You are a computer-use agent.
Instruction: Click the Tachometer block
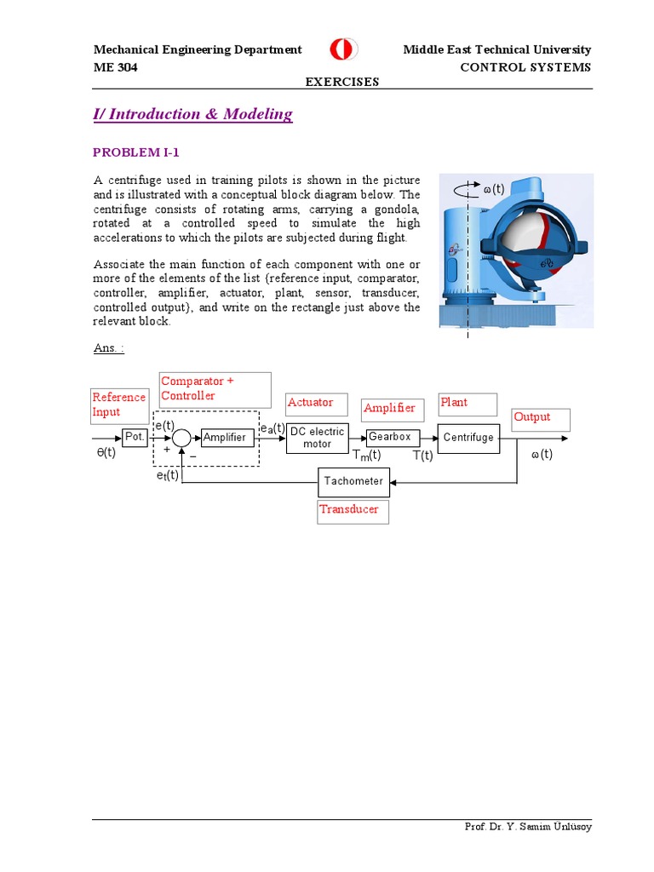point(353,482)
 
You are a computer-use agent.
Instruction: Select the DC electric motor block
point(318,438)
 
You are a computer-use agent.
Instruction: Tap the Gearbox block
point(392,437)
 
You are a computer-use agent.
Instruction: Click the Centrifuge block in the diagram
point(468,438)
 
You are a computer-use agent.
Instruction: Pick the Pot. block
point(135,437)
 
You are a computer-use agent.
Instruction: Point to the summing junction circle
point(181,438)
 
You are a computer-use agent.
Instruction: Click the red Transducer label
point(348,509)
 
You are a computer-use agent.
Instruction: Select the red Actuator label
point(310,402)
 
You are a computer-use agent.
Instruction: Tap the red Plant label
point(454,402)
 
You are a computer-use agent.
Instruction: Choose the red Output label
point(531,417)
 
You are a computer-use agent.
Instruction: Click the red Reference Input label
point(118,404)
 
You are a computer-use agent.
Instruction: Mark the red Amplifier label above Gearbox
point(389,408)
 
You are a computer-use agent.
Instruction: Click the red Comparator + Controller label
point(198,388)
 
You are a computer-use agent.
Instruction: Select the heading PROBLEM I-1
point(135,152)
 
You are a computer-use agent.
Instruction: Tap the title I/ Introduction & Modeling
point(192,114)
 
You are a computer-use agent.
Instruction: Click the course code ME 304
point(115,67)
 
